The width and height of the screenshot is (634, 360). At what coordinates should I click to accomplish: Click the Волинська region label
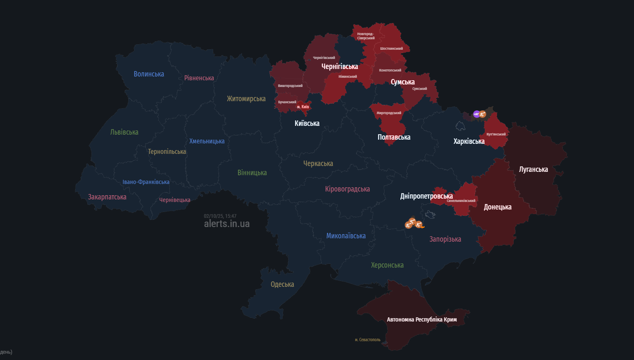pyautogui.click(x=149, y=74)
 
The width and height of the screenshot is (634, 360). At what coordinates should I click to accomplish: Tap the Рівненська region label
pyautogui.click(x=199, y=78)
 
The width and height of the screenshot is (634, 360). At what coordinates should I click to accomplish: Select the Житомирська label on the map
pyautogui.click(x=246, y=99)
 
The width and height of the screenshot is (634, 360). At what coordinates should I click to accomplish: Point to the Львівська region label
pyautogui.click(x=124, y=132)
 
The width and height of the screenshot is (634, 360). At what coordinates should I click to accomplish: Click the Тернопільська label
pyautogui.click(x=167, y=151)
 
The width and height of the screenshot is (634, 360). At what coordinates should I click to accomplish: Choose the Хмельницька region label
pyautogui.click(x=207, y=141)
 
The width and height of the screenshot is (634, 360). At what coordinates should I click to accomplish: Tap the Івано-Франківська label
pyautogui.click(x=146, y=182)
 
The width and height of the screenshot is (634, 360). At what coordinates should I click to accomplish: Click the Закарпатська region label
pyautogui.click(x=107, y=197)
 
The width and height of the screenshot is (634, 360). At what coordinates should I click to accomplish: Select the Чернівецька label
pyautogui.click(x=175, y=200)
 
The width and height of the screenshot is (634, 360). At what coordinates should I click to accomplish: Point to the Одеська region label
pyautogui.click(x=282, y=284)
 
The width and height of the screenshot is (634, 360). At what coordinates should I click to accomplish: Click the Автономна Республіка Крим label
pyautogui.click(x=422, y=319)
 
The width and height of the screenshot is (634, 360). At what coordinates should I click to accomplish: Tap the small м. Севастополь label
pyautogui.click(x=367, y=340)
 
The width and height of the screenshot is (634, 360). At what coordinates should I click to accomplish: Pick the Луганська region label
pyautogui.click(x=533, y=169)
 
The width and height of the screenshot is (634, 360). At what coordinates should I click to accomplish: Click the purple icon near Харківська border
pyautogui.click(x=476, y=114)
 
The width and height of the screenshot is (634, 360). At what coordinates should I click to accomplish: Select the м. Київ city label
pyautogui.click(x=303, y=107)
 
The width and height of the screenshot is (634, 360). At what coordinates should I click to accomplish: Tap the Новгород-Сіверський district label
pyautogui.click(x=366, y=36)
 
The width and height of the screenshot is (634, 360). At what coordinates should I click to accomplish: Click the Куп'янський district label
pyautogui.click(x=496, y=134)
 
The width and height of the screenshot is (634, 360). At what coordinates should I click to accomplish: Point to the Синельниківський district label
pyautogui.click(x=461, y=201)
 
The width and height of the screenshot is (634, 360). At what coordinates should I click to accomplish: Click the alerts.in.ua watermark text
pyautogui.click(x=227, y=224)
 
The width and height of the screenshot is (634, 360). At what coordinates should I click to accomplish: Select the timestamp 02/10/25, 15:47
pyautogui.click(x=220, y=216)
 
